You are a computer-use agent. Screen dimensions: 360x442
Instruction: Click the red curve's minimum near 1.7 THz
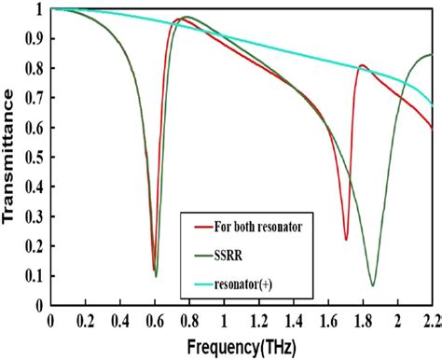click(x=345, y=240)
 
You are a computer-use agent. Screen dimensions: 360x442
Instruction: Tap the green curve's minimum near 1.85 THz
click(x=372, y=285)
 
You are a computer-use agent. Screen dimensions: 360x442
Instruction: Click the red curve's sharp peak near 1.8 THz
click(x=362, y=65)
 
